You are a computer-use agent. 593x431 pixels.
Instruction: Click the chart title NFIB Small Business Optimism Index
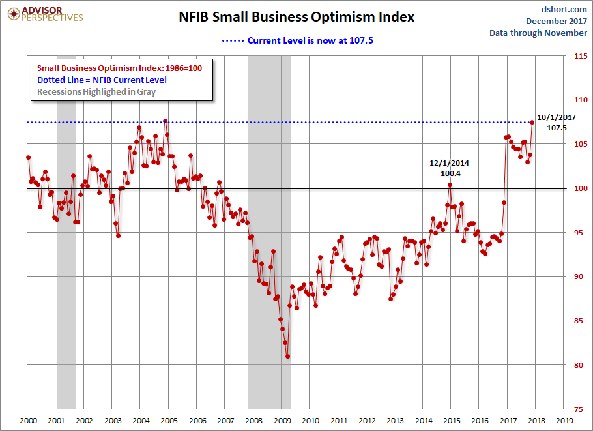coord(296,17)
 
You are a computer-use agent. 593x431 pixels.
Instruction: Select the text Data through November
coord(538,33)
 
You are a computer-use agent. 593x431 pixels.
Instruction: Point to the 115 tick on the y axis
coord(577,57)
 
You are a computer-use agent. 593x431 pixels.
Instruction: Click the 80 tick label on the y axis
coord(576,365)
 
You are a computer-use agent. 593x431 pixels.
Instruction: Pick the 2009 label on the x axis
coord(281,421)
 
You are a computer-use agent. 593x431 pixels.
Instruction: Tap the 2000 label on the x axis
coord(28,421)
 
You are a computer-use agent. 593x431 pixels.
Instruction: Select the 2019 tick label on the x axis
coord(564,421)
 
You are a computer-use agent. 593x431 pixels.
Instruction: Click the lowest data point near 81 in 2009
coord(287,356)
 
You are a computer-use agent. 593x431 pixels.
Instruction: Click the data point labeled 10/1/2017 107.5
coord(532,122)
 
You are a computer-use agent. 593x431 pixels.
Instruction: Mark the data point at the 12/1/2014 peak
coord(450,185)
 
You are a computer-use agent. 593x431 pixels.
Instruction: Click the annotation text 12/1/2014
coord(450,163)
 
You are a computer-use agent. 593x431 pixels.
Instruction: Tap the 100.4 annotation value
coord(450,173)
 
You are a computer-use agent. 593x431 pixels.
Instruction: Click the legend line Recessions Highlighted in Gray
coord(96,91)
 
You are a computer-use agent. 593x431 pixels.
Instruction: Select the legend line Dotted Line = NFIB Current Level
coord(102,80)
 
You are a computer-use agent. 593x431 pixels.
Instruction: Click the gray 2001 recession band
coord(66,261)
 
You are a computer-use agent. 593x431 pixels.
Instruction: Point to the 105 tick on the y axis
coord(577,145)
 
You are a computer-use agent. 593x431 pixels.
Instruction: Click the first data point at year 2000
coord(28,157)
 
